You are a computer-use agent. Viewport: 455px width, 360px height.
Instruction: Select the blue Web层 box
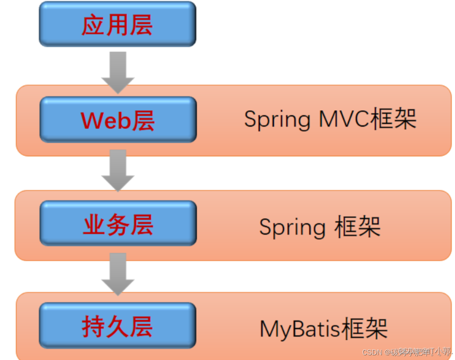click(x=118, y=119)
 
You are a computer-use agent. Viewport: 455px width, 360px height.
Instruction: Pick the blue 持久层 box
click(x=118, y=325)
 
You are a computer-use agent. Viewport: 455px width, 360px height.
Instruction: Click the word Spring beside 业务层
click(x=292, y=228)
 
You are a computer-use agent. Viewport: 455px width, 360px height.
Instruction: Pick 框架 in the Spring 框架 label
click(x=357, y=227)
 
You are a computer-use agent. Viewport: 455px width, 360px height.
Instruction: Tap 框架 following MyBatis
click(x=364, y=328)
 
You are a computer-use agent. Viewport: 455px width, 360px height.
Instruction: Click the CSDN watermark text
click(x=372, y=352)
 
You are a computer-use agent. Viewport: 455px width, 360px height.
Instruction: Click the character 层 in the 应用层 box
click(x=141, y=25)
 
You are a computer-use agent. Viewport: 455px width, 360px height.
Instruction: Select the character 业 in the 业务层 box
click(x=94, y=225)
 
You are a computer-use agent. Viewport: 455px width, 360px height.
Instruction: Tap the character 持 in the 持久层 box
click(x=93, y=327)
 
